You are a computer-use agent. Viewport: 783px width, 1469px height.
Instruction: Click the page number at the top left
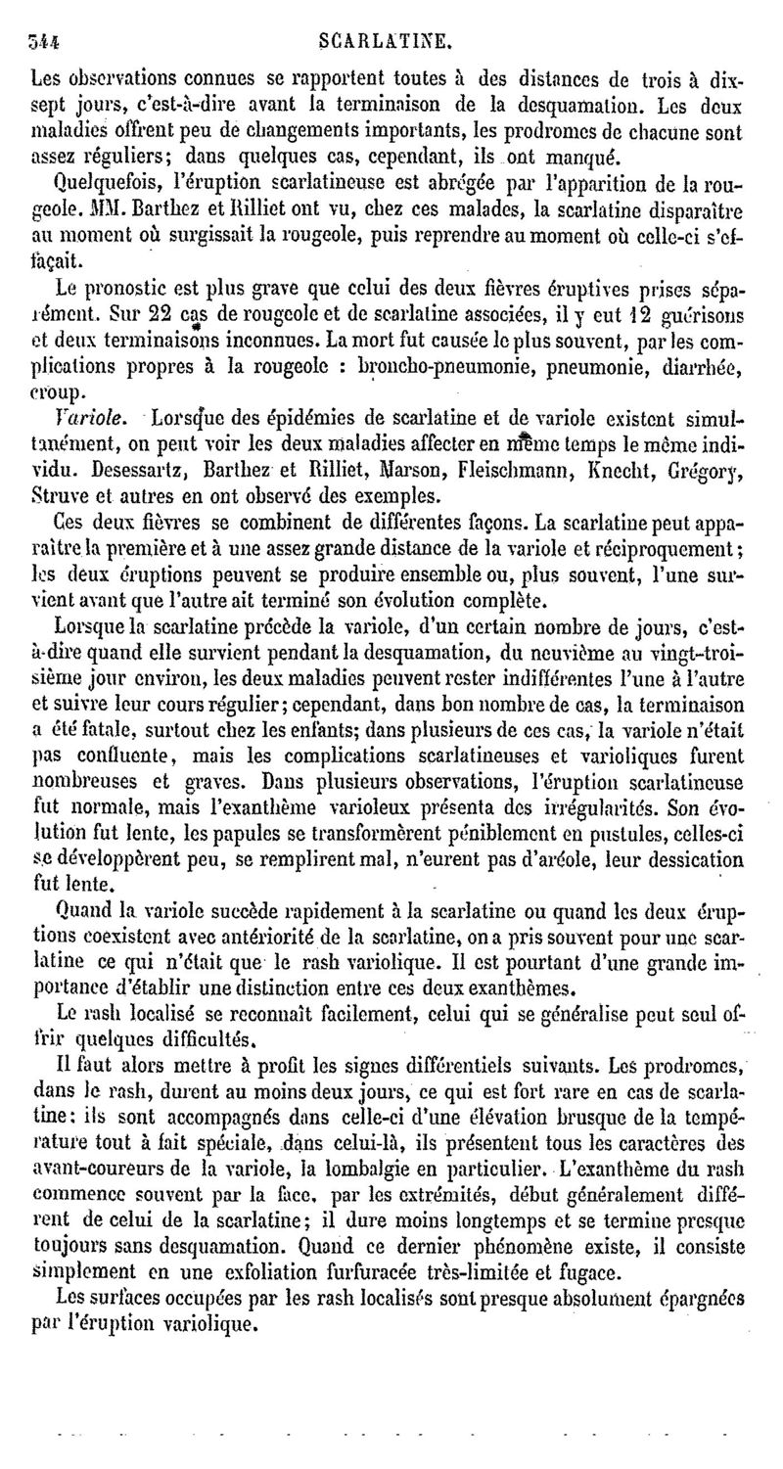[45, 42]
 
